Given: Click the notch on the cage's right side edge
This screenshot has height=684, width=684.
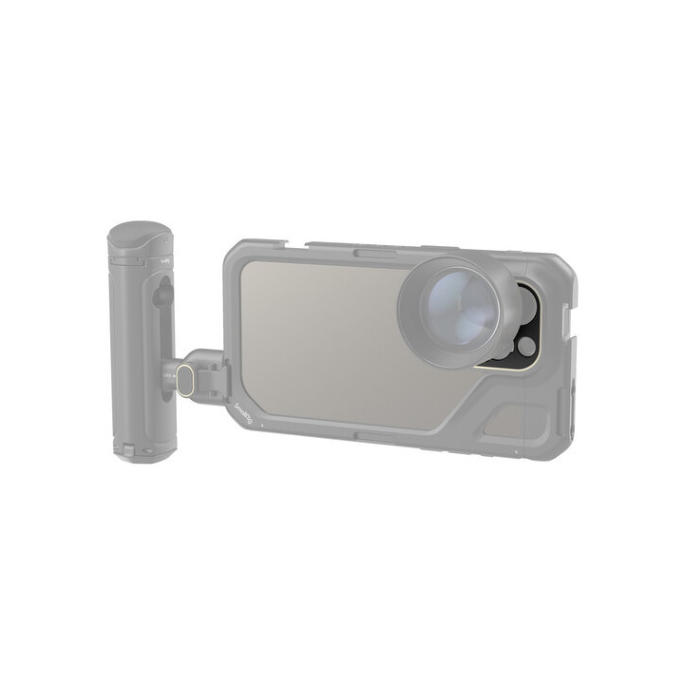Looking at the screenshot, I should [x=568, y=323].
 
